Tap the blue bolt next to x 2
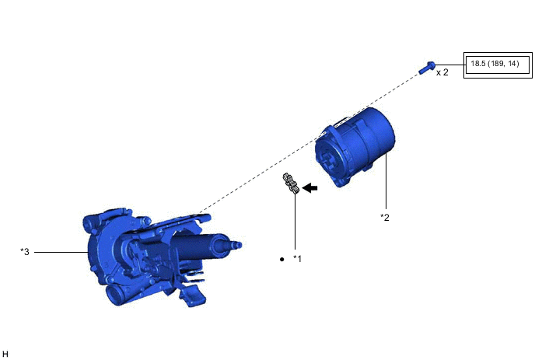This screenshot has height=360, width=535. point(425,68)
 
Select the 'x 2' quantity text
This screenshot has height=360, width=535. point(442,72)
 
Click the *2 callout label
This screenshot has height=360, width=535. point(384,217)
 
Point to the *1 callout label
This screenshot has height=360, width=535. point(297,258)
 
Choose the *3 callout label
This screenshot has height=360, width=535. point(26,251)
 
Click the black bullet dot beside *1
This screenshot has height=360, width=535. point(281,258)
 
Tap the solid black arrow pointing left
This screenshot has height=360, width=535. point(311,187)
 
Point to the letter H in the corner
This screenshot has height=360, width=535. point(5,354)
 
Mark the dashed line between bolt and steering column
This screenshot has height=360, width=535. point(311,140)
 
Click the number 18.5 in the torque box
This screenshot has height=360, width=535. point(477,64)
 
